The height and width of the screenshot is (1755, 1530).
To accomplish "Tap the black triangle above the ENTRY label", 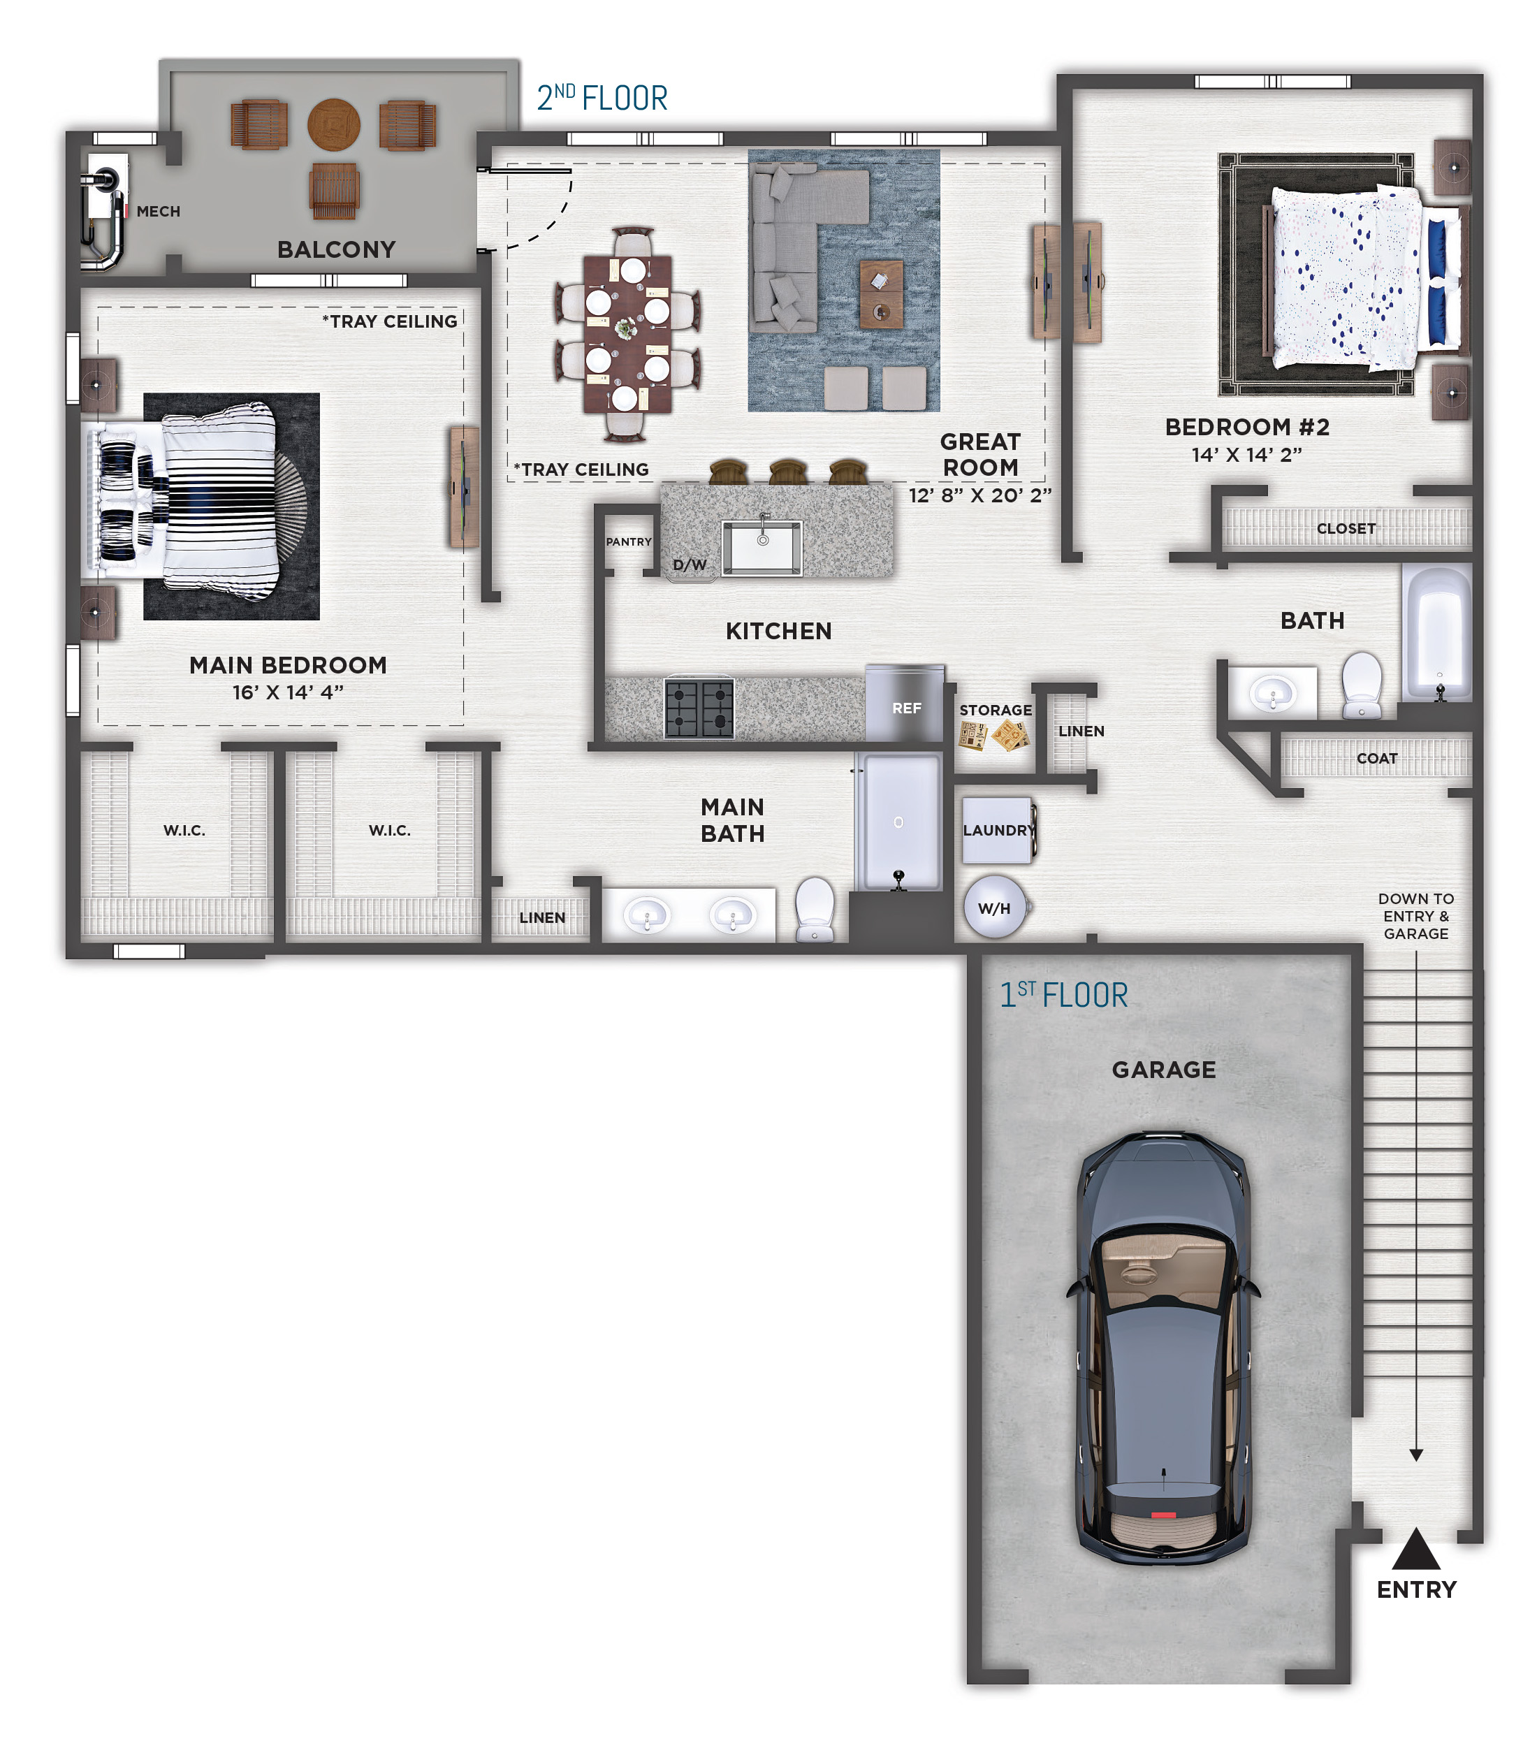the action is pos(1415,1550).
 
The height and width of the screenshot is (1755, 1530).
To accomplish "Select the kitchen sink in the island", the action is pos(762,546).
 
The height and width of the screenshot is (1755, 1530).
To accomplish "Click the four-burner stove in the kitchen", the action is pos(699,708).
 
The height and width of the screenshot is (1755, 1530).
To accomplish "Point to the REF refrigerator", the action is pos(905,704).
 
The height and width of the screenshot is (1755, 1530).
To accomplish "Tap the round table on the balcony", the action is pos(334,124).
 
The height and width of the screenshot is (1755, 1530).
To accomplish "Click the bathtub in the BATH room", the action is pos(1438,632).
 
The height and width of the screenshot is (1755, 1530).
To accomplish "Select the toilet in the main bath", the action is pos(815,909).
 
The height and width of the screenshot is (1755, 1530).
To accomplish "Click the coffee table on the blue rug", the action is pos(881,293).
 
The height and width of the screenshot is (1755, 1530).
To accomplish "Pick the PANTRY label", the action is pos(628,541).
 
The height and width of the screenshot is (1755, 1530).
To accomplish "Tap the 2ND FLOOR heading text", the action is pos(602,99).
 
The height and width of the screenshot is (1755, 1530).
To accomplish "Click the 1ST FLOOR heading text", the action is pos(1064,994).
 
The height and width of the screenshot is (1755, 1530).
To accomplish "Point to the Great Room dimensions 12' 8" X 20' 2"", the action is pos(980,495).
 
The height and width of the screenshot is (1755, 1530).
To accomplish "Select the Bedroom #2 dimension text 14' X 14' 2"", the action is pos(1246,455).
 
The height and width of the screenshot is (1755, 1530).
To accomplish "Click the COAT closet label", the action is pos(1376,758).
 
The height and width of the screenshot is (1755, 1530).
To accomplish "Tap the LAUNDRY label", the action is pos(999,830).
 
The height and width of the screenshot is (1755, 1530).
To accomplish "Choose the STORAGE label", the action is pos(996,711).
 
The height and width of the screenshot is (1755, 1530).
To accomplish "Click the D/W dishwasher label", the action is pos(690,565).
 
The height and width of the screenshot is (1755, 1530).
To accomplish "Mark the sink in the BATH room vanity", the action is pos(1272,692).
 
